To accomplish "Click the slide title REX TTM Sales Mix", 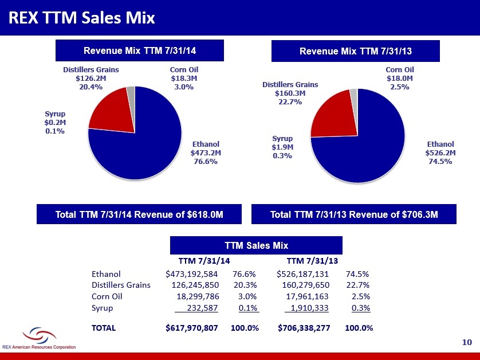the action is (x=82, y=17).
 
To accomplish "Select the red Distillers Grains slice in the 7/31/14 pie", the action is (x=112, y=110).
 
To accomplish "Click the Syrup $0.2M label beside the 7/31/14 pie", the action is (x=55, y=122).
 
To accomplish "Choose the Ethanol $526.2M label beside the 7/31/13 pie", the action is (x=440, y=152).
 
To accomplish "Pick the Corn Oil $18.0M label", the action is (x=399, y=78).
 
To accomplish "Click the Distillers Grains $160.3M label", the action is (x=290, y=93).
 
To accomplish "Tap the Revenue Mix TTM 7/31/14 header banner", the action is (x=140, y=50).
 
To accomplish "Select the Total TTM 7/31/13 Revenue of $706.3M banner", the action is (x=354, y=214).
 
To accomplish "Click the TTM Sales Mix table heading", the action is (x=256, y=245).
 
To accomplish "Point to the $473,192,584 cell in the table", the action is (x=192, y=274).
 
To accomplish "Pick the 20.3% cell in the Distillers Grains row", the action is (x=245, y=285).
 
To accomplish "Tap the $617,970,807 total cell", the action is (x=192, y=328).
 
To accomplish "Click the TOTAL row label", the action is (x=104, y=328).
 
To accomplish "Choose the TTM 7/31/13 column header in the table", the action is (x=312, y=261).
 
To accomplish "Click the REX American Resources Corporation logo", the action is (x=39, y=338).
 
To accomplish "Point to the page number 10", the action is (x=467, y=342).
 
